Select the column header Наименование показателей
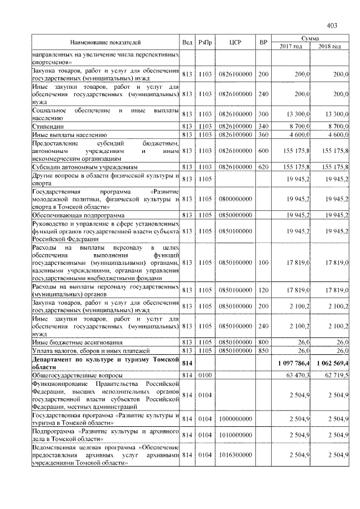pyautogui.click(x=105, y=42)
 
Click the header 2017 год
pyautogui.click(x=291, y=46)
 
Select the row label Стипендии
pyautogui.click(x=47, y=128)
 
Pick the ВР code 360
pyautogui.click(x=263, y=136)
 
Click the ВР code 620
pyautogui.click(x=263, y=167)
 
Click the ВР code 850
pyautogui.click(x=263, y=350)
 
